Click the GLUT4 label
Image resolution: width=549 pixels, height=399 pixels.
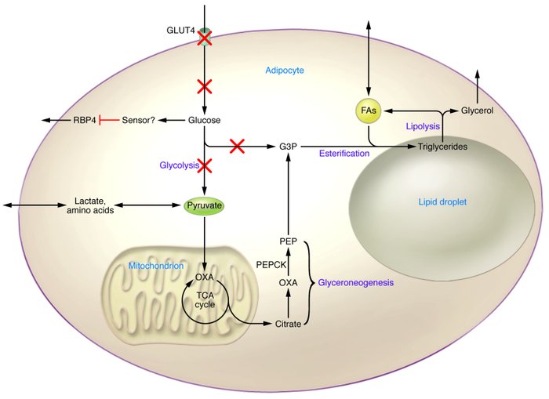pyautogui.click(x=180, y=30)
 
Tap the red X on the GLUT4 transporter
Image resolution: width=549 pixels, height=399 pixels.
pyautogui.click(x=205, y=37)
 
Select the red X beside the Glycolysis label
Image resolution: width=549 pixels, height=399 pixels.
pyautogui.click(x=205, y=165)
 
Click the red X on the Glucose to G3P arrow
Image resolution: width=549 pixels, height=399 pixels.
pyautogui.click(x=236, y=145)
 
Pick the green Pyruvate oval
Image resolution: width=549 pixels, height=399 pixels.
pyautogui.click(x=204, y=205)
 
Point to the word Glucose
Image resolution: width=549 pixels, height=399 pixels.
pyautogui.click(x=204, y=120)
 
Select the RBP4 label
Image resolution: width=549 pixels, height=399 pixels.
pyautogui.click(x=84, y=120)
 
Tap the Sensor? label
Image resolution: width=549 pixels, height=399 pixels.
pyautogui.click(x=139, y=120)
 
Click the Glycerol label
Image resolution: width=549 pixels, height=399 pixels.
pyautogui.click(x=477, y=111)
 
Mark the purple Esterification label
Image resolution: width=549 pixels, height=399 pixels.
pyautogui.click(x=344, y=154)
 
